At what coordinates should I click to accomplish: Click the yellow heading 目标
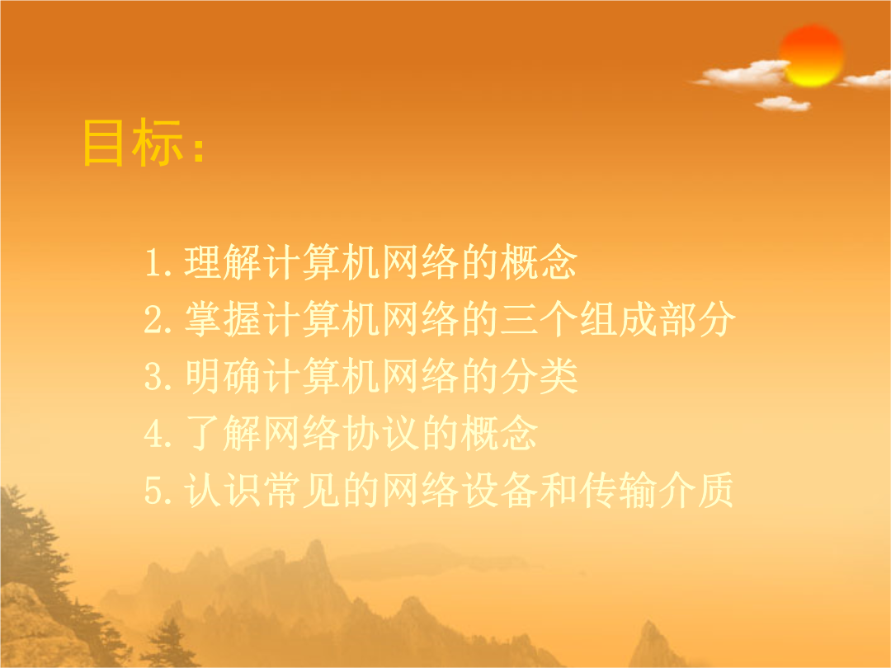tap(132, 143)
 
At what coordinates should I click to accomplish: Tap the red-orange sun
tap(812, 56)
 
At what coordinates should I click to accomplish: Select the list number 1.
tap(154, 263)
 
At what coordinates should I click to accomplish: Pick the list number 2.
tap(154, 320)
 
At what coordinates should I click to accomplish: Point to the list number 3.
tap(154, 377)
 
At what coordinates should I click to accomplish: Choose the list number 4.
tap(154, 434)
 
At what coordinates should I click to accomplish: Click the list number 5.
tap(154, 491)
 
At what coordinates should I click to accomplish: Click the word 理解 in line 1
tap(223, 262)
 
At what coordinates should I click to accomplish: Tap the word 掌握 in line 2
tap(223, 319)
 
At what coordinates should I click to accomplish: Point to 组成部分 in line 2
tap(658, 319)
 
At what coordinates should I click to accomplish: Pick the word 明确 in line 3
tap(223, 376)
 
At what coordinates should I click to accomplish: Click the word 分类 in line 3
tap(539, 376)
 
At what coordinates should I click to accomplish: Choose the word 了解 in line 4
tap(223, 434)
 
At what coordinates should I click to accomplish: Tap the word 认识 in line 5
tap(223, 490)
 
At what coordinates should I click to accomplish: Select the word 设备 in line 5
tap(499, 490)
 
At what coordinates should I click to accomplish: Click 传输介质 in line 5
tap(658, 490)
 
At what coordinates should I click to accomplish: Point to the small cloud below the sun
tap(783, 103)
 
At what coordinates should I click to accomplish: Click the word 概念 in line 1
tap(539, 262)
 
